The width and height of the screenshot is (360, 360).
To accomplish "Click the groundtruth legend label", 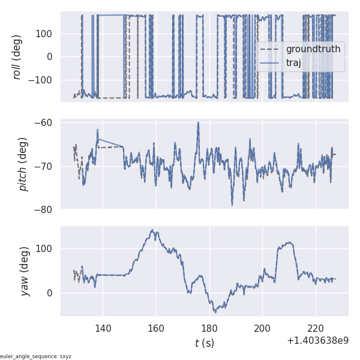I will pyautogui.click(x=313, y=49).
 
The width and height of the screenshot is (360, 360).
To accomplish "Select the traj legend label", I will pyautogui.click(x=294, y=62).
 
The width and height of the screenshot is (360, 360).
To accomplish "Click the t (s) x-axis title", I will pyautogui.click(x=204, y=343).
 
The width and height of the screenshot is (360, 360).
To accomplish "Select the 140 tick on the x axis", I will pyautogui.click(x=103, y=328).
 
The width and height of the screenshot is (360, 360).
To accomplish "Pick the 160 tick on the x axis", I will pyautogui.click(x=156, y=328).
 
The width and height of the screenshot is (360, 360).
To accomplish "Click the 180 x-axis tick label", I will pyautogui.click(x=209, y=328).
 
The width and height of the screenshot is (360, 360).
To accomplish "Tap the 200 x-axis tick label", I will pyautogui.click(x=262, y=328).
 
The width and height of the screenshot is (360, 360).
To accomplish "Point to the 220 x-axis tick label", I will pyautogui.click(x=316, y=328).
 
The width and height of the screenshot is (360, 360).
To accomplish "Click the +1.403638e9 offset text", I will pyautogui.click(x=317, y=340).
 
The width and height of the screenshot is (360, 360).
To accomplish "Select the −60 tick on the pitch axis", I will pyautogui.click(x=45, y=123).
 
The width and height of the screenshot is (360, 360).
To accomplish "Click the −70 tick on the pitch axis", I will pyautogui.click(x=45, y=166).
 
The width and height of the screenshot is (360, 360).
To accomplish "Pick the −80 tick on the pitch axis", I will pyautogui.click(x=45, y=209).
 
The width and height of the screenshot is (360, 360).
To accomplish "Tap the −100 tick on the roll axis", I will pyautogui.click(x=42, y=80).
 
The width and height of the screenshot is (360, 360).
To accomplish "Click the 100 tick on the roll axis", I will pyautogui.click(x=45, y=34).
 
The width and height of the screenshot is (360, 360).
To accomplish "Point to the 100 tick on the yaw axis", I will pyautogui.click(x=45, y=248).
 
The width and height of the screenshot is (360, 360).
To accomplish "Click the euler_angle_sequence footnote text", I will pyautogui.click(x=36, y=356).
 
